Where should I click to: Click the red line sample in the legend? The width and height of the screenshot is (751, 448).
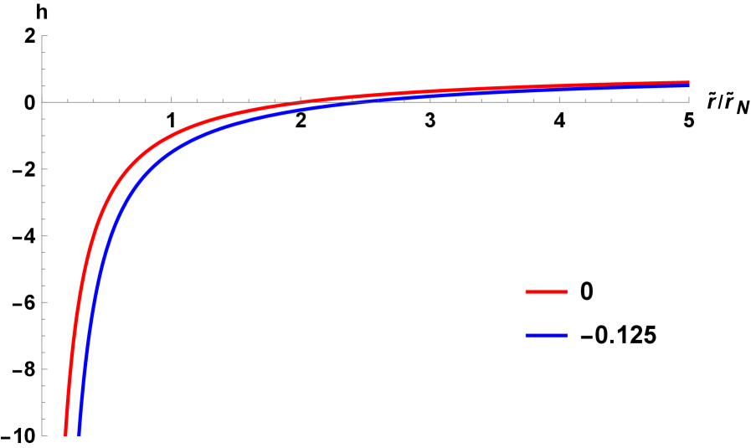pos(546,291)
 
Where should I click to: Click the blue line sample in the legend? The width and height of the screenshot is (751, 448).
pos(546,335)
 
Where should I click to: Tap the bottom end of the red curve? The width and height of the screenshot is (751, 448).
pos(65,435)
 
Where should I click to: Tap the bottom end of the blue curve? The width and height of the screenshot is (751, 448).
pos(79,435)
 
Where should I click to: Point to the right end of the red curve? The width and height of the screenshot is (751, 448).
pos(688,82)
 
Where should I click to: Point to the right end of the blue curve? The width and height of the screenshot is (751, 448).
pos(688,85)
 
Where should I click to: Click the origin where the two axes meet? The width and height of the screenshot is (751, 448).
pos(43,101)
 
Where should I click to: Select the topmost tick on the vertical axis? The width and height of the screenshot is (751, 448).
pos(44,36)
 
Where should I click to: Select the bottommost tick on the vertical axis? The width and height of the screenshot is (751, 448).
pos(44,435)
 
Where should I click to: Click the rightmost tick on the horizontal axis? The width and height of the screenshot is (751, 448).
pos(688,99)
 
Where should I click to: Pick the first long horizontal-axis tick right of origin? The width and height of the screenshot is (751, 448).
pos(172,99)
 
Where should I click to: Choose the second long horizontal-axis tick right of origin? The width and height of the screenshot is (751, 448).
pos(301,99)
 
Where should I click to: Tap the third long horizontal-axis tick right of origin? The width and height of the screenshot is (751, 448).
pos(430,99)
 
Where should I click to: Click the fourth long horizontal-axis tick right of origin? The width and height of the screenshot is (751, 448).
pos(559,99)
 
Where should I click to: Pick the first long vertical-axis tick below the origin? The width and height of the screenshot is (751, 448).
pos(45,168)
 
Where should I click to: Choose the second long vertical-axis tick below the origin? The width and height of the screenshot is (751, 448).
pos(45,235)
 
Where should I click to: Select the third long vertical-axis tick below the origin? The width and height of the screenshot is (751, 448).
pos(45,301)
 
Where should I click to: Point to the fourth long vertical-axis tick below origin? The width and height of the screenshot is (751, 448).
pos(45,368)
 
